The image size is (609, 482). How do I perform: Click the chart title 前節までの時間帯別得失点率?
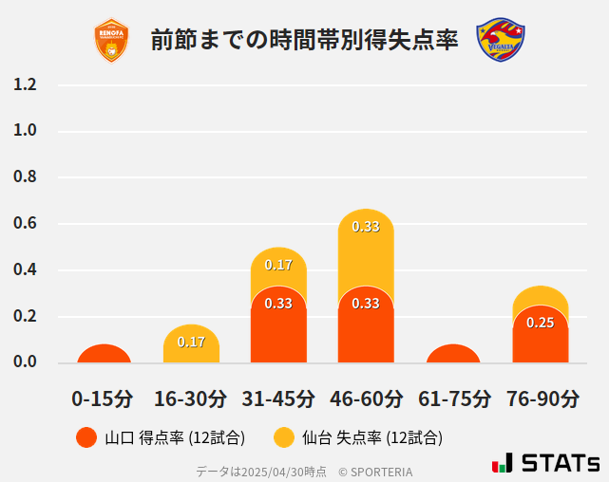pyautogui.click(x=304, y=40)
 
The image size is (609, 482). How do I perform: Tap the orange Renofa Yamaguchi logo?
pyautogui.click(x=112, y=40)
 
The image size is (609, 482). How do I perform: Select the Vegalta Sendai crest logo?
pyautogui.click(x=501, y=40)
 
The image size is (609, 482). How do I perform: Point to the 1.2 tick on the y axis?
pyautogui.click(x=26, y=84)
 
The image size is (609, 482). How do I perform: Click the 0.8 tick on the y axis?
pyautogui.click(x=26, y=177)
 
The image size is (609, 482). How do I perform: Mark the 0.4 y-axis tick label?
pyautogui.click(x=26, y=270)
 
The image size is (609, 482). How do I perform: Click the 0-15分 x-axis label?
pyautogui.click(x=104, y=399)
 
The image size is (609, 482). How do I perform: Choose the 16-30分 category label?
pyautogui.click(x=191, y=399)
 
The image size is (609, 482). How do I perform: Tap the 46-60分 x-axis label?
pyautogui.click(x=366, y=399)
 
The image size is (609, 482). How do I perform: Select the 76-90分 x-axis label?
pyautogui.click(x=541, y=399)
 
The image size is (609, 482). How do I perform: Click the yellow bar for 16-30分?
pyautogui.click(x=191, y=344)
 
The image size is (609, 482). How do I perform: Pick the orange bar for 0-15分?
pyautogui.click(x=104, y=354)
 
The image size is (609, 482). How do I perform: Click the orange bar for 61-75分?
pyautogui.click(x=453, y=354)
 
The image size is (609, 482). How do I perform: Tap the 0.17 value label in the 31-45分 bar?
pyautogui.click(x=278, y=265)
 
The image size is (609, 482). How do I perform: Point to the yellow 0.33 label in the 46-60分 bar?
pyautogui.click(x=366, y=226)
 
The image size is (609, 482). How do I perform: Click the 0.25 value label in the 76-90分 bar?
pyautogui.click(x=541, y=323)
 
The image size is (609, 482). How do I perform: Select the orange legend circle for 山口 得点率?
pyautogui.click(x=86, y=437)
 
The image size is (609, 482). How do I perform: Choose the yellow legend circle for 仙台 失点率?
pyautogui.click(x=283, y=437)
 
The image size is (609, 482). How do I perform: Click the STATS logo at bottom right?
pyautogui.click(x=546, y=463)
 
